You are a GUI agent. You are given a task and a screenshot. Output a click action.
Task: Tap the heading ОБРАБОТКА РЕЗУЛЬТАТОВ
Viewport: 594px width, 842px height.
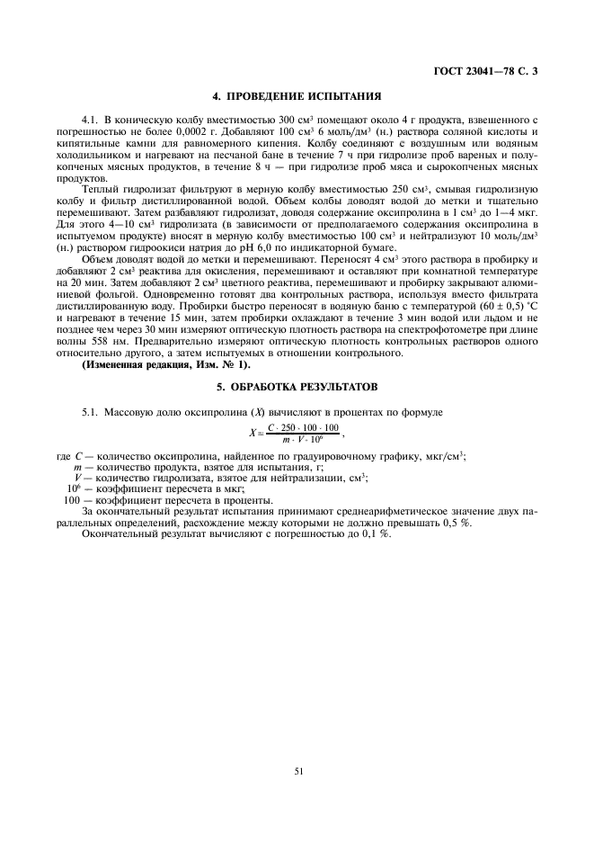297,385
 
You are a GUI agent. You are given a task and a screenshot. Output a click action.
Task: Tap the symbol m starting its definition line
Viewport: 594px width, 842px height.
79,467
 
